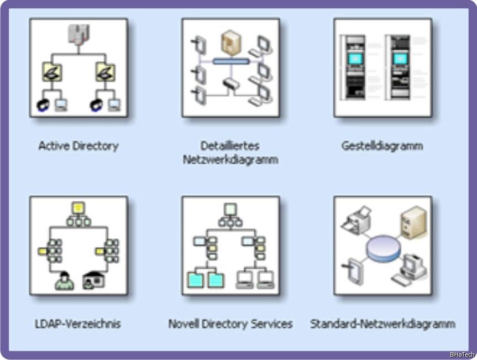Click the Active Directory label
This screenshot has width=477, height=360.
coord(78,146)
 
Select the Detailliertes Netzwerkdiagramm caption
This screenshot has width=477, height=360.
coord(230,153)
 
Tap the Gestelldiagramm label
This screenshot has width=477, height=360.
coord(382,146)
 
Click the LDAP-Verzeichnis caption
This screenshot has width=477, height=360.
coord(77,324)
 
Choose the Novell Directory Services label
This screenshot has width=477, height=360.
coord(230,324)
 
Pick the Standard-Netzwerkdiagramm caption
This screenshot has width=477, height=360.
coord(382,324)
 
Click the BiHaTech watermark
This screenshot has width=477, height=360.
coord(462,354)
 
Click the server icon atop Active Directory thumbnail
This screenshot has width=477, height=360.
coord(78,34)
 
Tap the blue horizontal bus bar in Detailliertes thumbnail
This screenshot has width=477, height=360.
coord(229,61)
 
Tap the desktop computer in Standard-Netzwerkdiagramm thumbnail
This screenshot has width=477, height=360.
coord(412,268)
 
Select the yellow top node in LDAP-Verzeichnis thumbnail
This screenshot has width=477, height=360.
coord(78,208)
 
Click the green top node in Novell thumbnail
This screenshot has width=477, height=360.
coord(230,209)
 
